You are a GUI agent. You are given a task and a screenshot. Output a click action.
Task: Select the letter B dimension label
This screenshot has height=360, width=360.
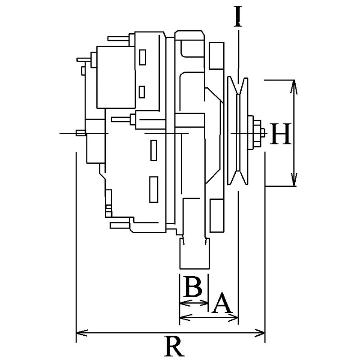(193, 287)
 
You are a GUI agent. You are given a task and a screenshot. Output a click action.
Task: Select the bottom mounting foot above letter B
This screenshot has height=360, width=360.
(193, 254)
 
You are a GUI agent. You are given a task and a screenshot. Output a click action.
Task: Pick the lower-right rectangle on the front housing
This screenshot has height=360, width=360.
(217, 215)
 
